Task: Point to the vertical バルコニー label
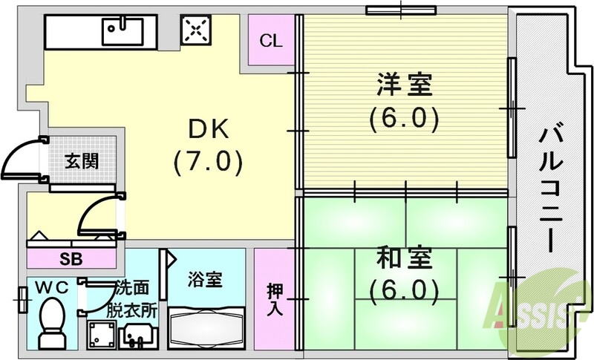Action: click(x=549, y=190)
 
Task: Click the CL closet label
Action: click(x=271, y=41)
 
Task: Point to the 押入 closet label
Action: click(x=275, y=298)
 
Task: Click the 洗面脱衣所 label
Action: click(x=134, y=299)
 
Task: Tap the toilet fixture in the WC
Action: click(x=52, y=323)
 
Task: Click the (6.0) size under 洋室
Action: click(x=404, y=119)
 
